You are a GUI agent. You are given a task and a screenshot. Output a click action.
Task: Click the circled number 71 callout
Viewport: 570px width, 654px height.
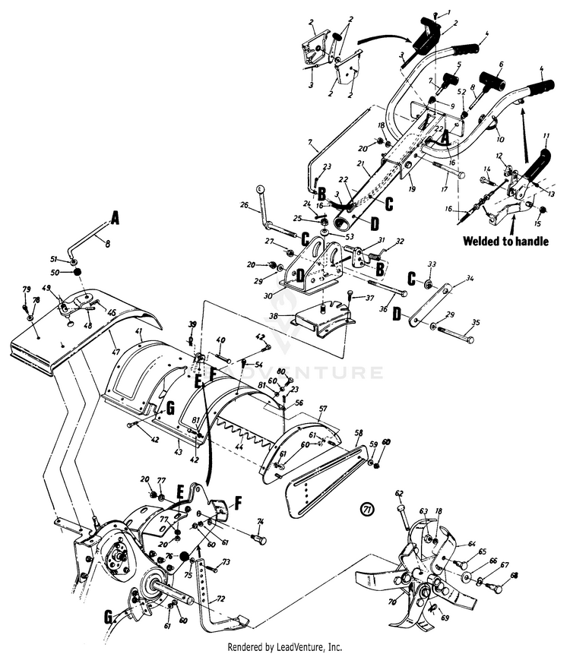369,507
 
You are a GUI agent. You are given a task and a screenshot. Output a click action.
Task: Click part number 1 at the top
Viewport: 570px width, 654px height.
448,11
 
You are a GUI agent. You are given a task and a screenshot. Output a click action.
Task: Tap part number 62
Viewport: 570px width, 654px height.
399,493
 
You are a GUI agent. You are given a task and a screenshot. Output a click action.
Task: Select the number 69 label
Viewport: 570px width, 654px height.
445,618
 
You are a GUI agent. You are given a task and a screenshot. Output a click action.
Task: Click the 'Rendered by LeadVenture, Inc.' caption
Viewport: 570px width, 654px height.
285,646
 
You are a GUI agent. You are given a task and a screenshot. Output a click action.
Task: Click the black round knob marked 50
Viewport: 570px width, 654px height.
77,273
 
